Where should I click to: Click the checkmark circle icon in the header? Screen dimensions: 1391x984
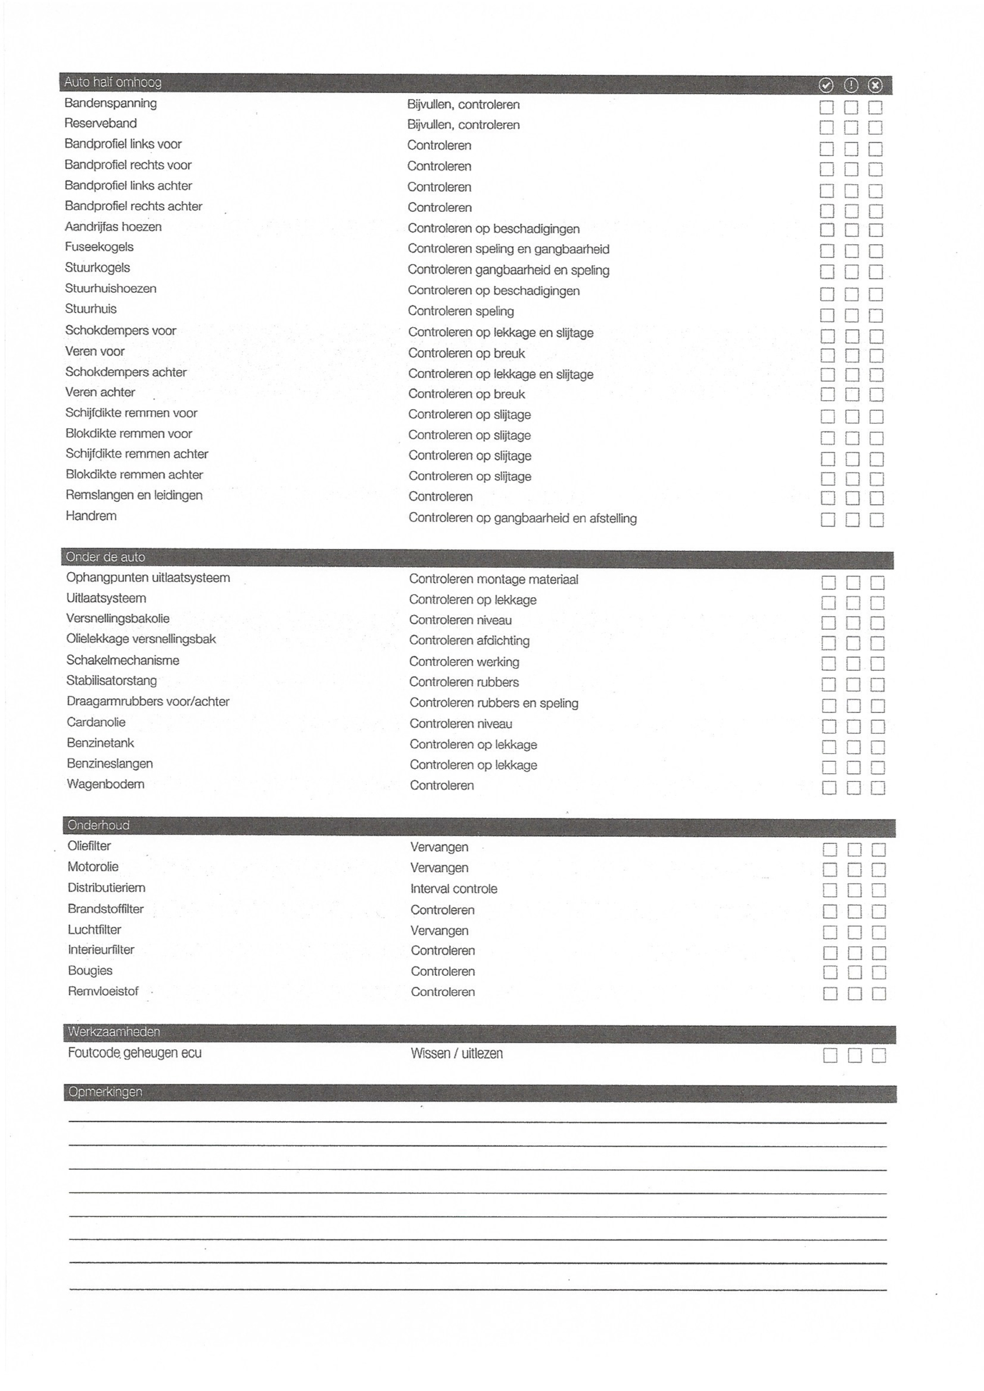click(826, 85)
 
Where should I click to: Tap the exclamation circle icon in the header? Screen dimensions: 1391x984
click(851, 85)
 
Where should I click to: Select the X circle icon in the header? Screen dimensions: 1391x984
click(875, 85)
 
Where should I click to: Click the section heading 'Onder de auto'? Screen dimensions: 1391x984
click(105, 557)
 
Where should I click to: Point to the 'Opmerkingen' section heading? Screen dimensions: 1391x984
click(105, 1092)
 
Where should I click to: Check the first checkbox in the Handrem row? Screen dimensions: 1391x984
click(827, 520)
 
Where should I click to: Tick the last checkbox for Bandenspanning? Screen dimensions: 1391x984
click(875, 107)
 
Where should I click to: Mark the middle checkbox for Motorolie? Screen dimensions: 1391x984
click(854, 870)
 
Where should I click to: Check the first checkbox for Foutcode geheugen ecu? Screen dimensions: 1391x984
click(830, 1055)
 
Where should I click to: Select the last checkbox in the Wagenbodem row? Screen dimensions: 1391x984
click(877, 787)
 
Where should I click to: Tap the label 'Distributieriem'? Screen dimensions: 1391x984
click(106, 887)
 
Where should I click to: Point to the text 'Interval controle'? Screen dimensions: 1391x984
click(453, 889)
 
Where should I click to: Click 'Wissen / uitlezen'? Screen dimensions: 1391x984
click(457, 1054)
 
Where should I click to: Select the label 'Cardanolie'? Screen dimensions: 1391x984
click(96, 722)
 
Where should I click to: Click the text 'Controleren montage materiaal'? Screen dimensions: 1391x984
click(494, 579)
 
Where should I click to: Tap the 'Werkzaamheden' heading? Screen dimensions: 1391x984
click(114, 1032)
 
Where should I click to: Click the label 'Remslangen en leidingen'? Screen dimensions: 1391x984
click(134, 495)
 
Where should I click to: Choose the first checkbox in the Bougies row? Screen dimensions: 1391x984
click(830, 973)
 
